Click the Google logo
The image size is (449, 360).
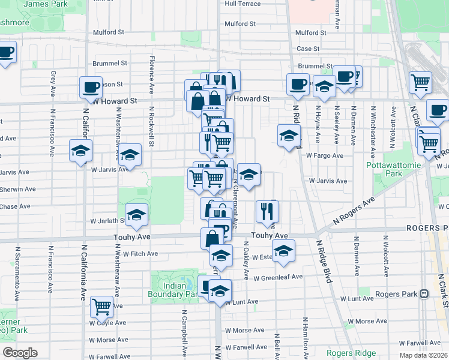(x=20, y=353)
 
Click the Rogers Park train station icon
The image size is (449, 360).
(x=424, y=294)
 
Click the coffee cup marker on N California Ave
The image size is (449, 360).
(x=91, y=87)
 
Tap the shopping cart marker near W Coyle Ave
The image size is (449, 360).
(x=102, y=307)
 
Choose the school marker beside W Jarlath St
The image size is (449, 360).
(x=137, y=215)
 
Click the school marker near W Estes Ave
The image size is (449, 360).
(x=284, y=251)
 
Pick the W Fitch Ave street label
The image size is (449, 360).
(x=140, y=254)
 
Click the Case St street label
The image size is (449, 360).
(x=307, y=49)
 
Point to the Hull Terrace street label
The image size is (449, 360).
(x=243, y=4)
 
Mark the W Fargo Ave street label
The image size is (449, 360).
(x=324, y=155)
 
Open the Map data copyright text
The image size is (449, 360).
(x=423, y=355)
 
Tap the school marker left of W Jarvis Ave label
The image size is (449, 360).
(x=130, y=155)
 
